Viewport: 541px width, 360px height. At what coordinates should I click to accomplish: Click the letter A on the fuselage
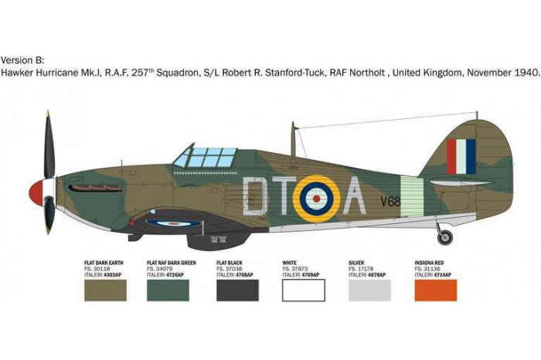point(353,196)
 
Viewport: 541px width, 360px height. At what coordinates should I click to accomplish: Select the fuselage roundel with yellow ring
point(315,197)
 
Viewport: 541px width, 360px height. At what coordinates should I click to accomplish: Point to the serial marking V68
point(390,202)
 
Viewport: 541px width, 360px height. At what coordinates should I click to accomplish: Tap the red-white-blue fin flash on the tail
point(461,156)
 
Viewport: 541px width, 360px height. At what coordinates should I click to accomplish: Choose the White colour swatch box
point(304,290)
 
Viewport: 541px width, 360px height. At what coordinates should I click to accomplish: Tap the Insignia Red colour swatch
point(436,290)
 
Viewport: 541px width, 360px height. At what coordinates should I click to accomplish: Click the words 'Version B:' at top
point(24,59)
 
